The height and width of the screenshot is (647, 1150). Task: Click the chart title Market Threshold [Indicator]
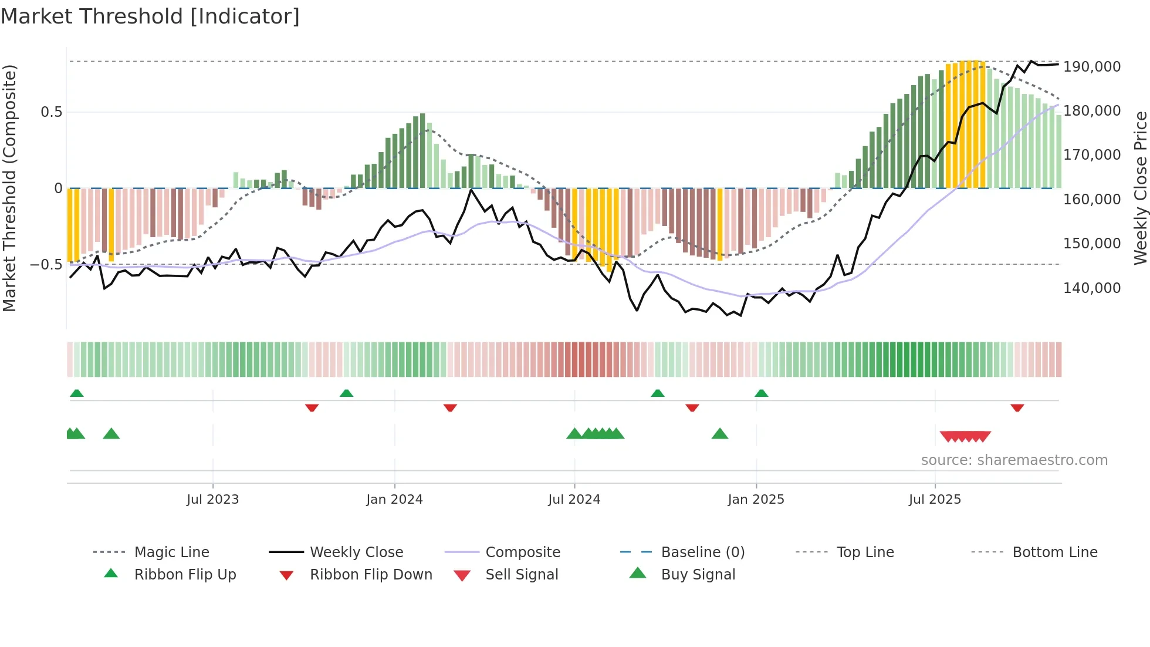150,16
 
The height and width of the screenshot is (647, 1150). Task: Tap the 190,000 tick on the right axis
1092,67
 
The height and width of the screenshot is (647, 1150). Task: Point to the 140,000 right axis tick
1092,288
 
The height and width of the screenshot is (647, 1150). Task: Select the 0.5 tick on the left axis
51,112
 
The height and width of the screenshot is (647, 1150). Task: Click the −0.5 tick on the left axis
46,265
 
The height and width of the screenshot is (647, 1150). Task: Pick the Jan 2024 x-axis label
394,500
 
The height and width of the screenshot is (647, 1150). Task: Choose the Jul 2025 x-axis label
935,500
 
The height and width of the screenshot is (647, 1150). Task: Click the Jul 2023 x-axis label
212,500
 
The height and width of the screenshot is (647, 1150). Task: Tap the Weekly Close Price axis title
1140,188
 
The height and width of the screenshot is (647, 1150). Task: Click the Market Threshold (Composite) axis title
9,188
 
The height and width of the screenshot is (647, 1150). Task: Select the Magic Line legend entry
171,552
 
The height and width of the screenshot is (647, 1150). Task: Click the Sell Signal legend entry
521,575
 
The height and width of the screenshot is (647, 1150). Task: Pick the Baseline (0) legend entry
702,552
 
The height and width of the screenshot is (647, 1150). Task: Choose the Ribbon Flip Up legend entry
185,575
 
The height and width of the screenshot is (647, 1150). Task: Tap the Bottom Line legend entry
1054,552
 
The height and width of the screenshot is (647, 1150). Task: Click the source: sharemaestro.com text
1014,460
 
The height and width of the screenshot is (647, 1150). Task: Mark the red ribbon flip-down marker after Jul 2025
1017,407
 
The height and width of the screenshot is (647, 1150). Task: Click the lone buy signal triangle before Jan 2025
719,434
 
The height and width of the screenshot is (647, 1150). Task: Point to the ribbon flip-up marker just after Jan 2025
761,393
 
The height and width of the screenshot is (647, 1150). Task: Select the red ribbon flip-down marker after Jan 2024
450,407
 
